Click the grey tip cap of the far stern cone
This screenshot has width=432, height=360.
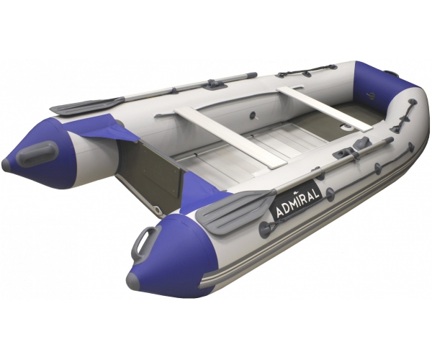click(x=6, y=163)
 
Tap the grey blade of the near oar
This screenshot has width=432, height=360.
click(x=235, y=209)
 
